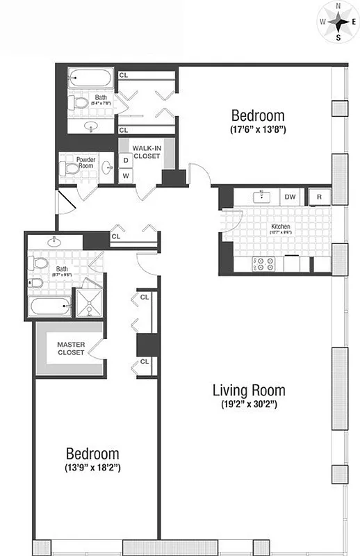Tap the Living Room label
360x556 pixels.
pyautogui.click(x=248, y=390)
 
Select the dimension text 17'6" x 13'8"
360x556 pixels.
pyautogui.click(x=258, y=129)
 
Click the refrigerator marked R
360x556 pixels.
pyautogui.click(x=319, y=197)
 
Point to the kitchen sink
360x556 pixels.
pyautogui.click(x=262, y=196)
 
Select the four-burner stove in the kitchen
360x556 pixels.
pyautogui.click(x=264, y=264)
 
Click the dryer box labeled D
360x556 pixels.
pyautogui.click(x=126, y=161)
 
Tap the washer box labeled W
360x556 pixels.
pyautogui.click(x=126, y=176)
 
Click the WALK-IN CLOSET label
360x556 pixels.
pyautogui.click(x=147, y=152)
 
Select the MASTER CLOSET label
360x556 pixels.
pyautogui.click(x=70, y=348)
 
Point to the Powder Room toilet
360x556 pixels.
pyautogui.click(x=71, y=167)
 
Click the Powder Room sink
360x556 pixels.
pyautogui.click(x=106, y=167)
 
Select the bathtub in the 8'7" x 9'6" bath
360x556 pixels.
pyautogui.click(x=51, y=306)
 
